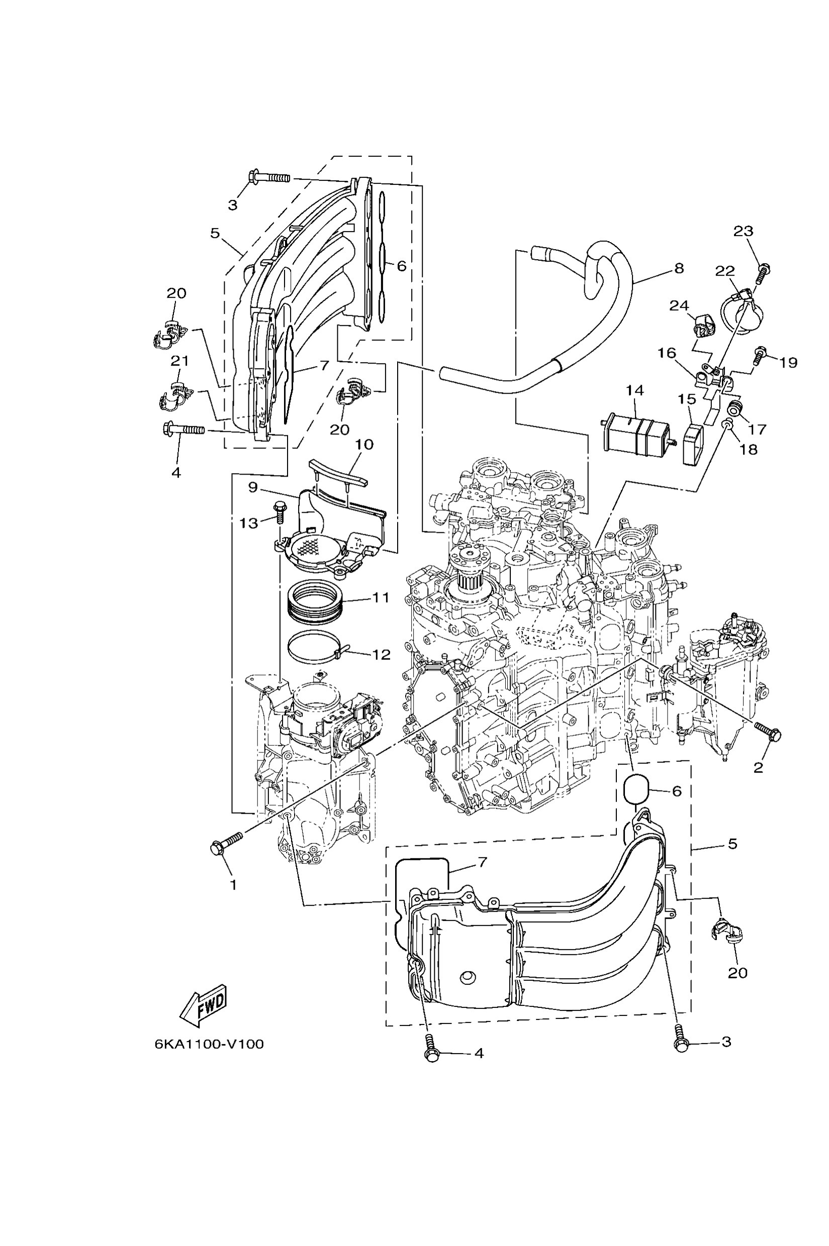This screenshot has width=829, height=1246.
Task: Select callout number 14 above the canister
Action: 634,390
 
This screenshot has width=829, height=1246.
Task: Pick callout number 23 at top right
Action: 743,232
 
